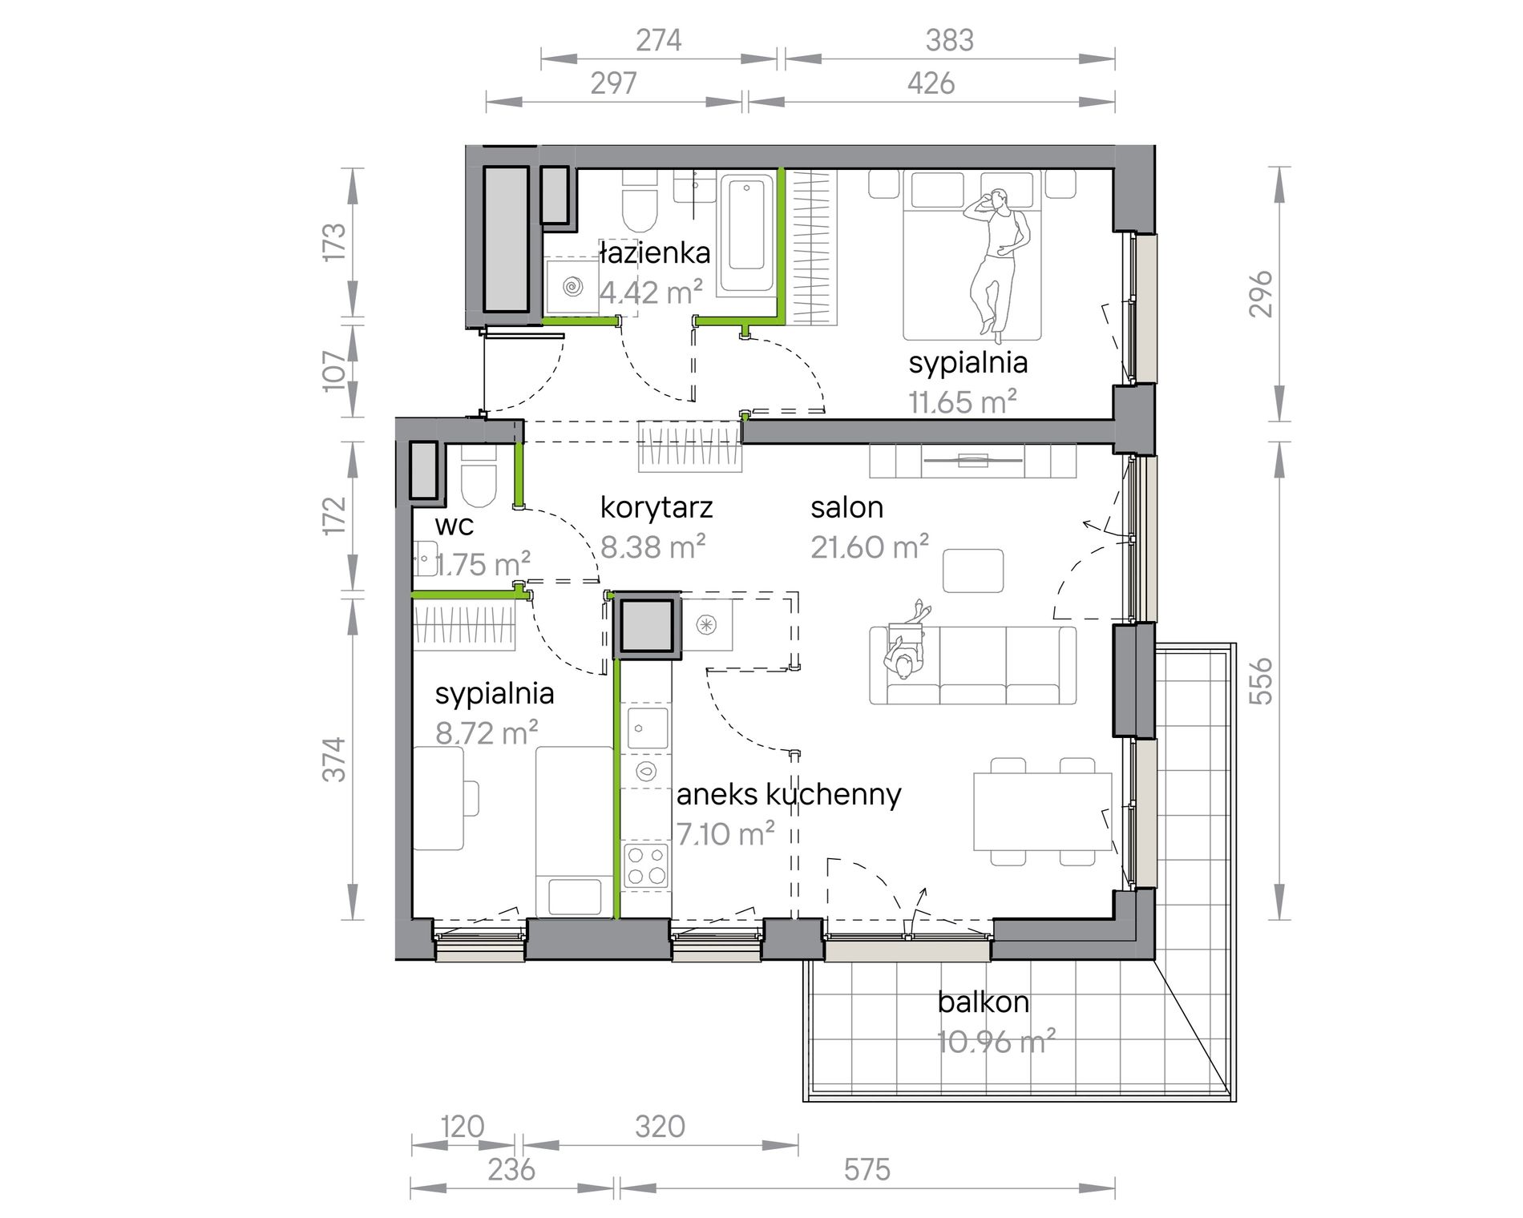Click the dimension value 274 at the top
[659, 40]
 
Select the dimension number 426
[931, 83]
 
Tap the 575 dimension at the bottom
[867, 1170]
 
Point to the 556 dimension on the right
[1262, 680]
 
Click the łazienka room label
[655, 253]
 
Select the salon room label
[846, 507]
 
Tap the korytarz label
[656, 508]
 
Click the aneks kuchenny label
[789, 795]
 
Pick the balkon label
[983, 1002]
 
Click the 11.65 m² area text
[963, 401]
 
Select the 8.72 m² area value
[487, 732]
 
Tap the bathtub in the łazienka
[746, 232]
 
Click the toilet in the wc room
[479, 478]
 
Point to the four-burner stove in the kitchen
[646, 865]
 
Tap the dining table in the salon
[1043, 811]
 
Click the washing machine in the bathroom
[572, 285]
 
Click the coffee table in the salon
[973, 571]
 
